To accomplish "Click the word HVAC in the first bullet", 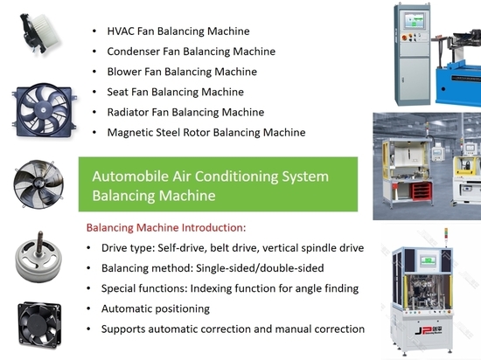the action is pyautogui.click(x=121, y=31).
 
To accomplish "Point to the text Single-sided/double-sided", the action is pyautogui.click(x=260, y=268).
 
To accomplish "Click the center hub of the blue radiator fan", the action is pyautogui.click(x=43, y=110).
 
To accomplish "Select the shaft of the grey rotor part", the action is pyautogui.click(x=39, y=244).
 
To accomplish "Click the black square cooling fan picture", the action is pyautogui.click(x=39, y=325).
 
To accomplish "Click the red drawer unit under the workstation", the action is pyautogui.click(x=422, y=191).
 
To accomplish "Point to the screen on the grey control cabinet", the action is pyautogui.click(x=415, y=21).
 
